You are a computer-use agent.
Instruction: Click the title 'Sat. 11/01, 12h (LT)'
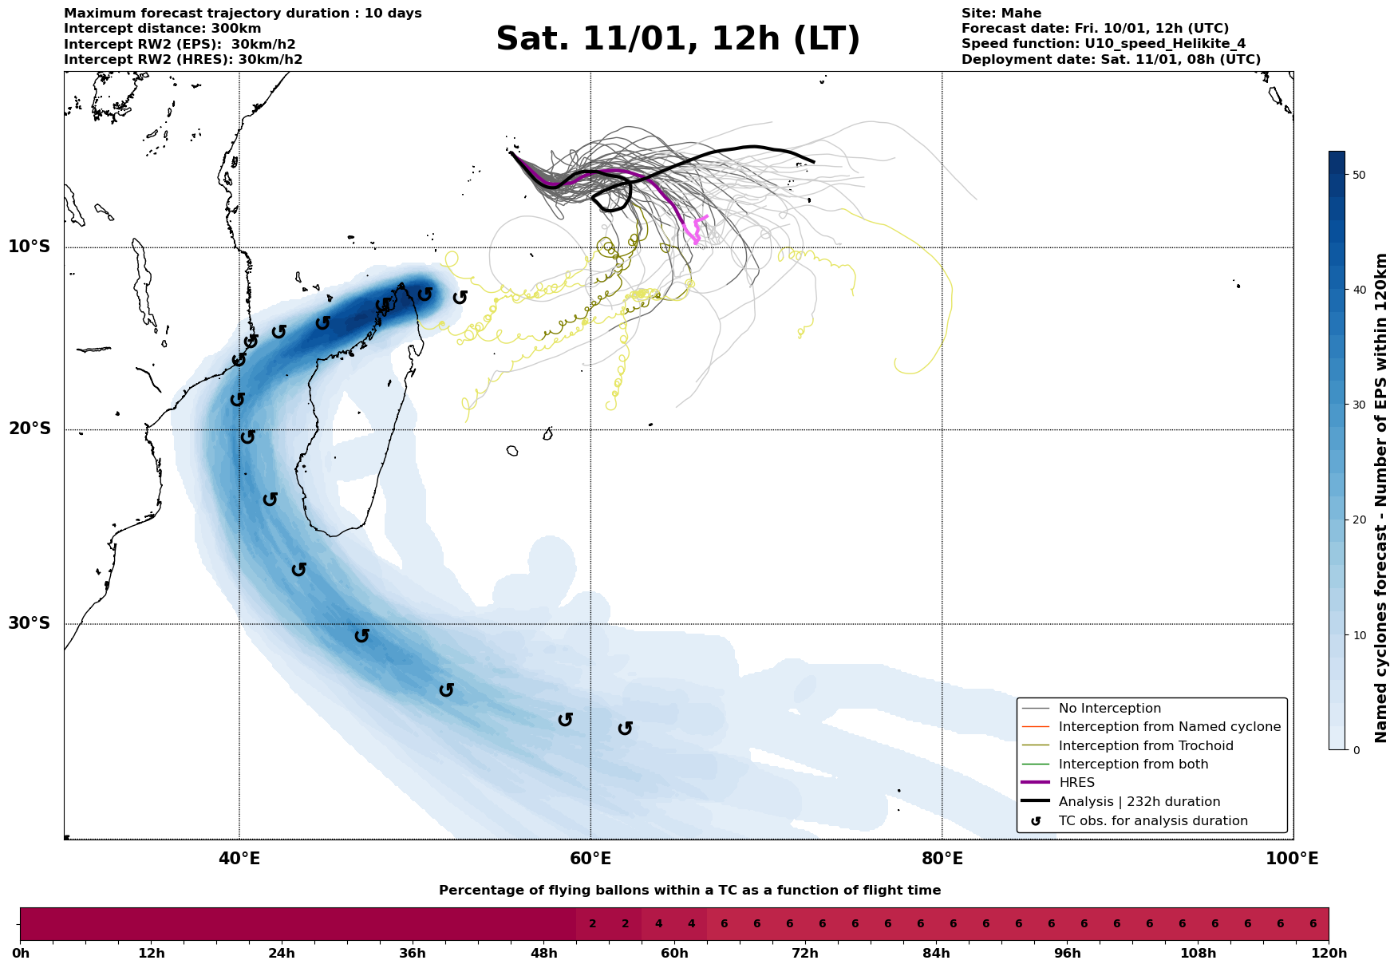677,39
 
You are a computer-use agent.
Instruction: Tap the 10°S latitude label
30,247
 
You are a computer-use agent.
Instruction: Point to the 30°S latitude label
30,623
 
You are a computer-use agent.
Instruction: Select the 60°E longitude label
590,859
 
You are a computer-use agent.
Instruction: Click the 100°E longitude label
1292,859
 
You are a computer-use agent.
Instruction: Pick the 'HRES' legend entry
1076,783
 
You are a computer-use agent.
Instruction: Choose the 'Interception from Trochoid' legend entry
1145,746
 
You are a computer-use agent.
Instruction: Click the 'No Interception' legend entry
1109,709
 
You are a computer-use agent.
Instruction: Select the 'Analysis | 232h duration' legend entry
1139,802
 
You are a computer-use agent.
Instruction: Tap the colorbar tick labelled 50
1359,175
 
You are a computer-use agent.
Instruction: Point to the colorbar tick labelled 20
1359,520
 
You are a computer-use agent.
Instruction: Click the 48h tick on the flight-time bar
543,954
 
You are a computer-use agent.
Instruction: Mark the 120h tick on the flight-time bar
1329,954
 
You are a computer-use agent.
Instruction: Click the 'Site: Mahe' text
1001,14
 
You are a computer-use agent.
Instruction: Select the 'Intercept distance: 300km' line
162,29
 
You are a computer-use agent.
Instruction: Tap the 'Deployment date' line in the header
1111,60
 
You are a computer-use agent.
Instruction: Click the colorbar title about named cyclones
1381,498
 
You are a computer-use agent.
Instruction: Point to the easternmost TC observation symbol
625,729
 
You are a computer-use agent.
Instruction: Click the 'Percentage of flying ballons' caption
689,891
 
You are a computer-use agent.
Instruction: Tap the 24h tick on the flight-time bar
282,954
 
